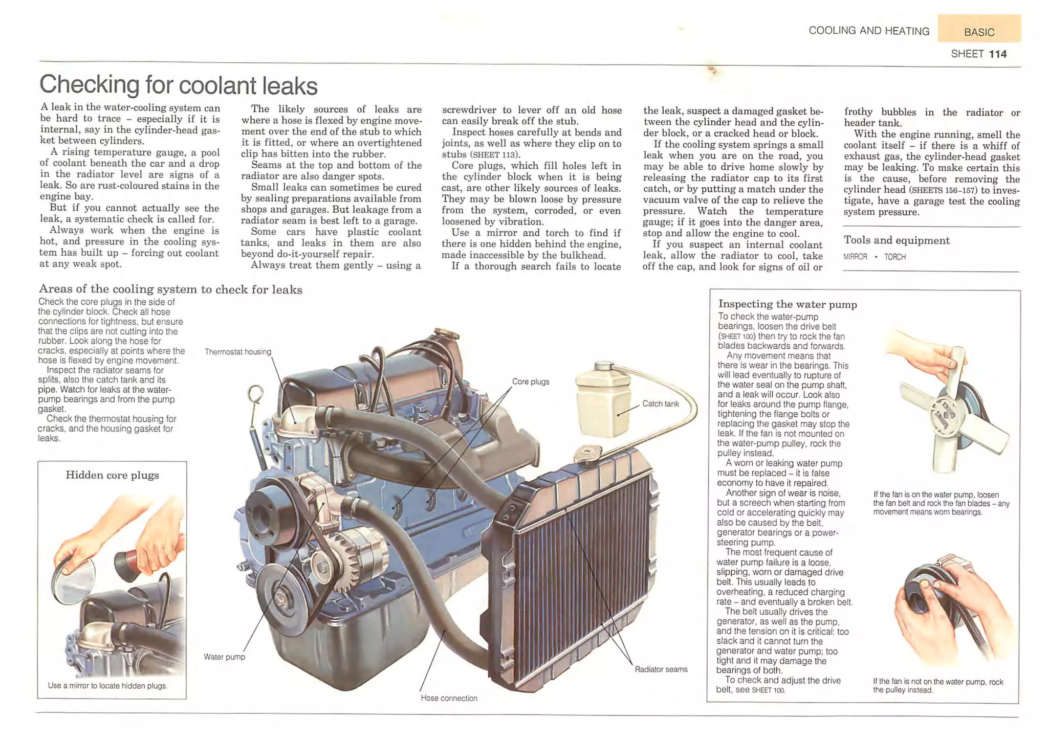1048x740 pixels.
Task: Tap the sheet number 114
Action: (x=997, y=54)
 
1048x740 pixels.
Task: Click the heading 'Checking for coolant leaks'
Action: (x=179, y=85)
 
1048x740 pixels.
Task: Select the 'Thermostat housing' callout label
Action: (x=238, y=352)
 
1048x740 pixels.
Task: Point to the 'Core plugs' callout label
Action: (x=531, y=382)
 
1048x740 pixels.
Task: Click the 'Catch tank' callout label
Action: (x=660, y=403)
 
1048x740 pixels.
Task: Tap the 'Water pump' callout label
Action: (x=224, y=657)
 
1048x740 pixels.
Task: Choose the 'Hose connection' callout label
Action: (x=449, y=698)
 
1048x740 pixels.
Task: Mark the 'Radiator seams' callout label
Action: (x=661, y=669)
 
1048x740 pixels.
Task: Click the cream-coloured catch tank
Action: (x=603, y=401)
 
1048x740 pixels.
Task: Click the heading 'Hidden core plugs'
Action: (x=112, y=475)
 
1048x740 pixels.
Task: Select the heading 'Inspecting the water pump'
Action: (x=787, y=304)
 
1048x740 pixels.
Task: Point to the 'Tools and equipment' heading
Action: (x=896, y=240)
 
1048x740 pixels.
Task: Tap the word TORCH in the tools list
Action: (x=894, y=257)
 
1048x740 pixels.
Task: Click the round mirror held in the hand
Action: (x=73, y=580)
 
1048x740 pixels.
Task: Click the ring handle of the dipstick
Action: (x=255, y=394)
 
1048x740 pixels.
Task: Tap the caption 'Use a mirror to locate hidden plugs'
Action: (x=107, y=686)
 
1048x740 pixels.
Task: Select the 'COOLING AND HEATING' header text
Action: (x=868, y=31)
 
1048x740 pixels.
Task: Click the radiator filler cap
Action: (x=588, y=453)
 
